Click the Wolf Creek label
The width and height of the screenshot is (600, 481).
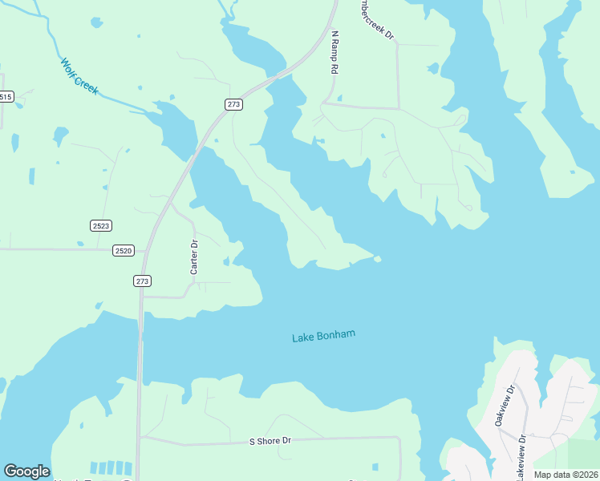79,76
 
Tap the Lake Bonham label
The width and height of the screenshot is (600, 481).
323,337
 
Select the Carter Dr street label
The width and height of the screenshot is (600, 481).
194,257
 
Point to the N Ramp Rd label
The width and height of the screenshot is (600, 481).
334,53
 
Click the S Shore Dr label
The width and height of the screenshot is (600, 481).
270,442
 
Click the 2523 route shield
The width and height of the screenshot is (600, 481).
100,226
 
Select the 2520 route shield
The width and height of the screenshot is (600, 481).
123,251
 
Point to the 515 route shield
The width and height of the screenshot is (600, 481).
6,97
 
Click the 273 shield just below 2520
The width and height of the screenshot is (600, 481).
142,281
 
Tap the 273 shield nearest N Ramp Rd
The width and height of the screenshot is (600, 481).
233,104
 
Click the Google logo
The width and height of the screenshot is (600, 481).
26,471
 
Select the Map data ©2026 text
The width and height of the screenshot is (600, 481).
566,475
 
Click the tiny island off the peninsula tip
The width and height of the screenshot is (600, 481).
377,259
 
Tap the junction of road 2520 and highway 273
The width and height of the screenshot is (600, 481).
144,251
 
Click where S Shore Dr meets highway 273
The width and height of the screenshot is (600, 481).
140,438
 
